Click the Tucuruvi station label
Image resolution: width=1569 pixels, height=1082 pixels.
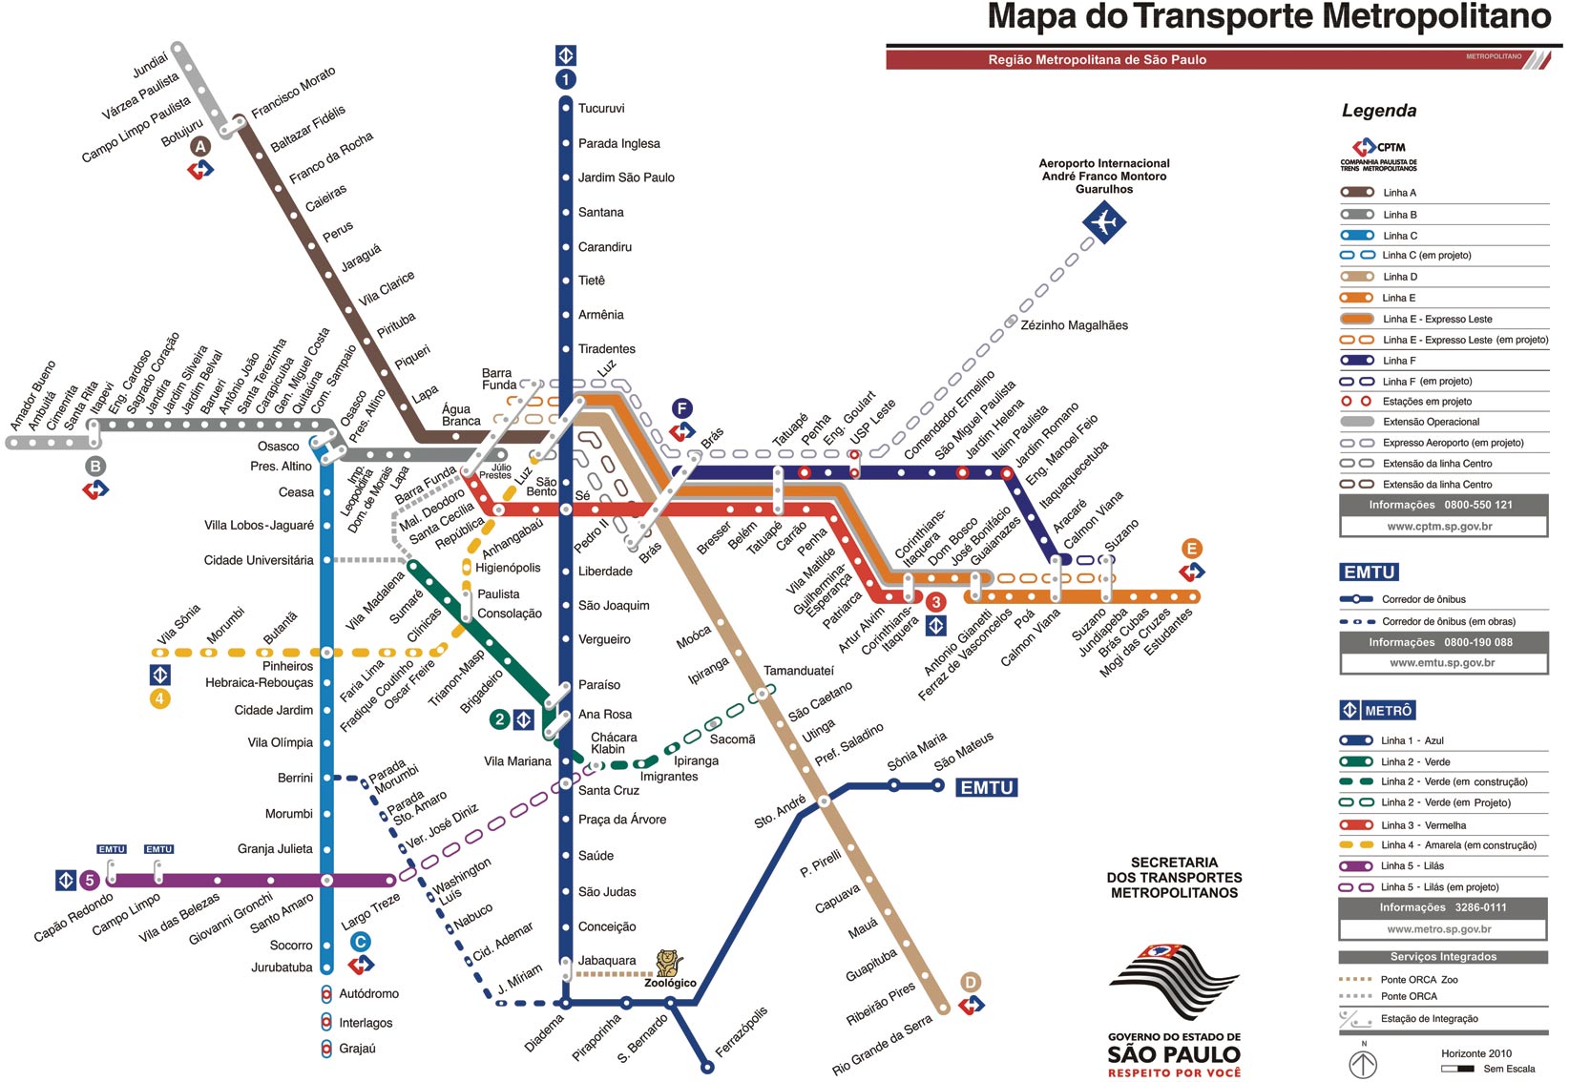(x=600, y=109)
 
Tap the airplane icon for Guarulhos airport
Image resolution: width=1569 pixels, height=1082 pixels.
(x=1104, y=223)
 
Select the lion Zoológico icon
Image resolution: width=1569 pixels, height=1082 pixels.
(x=668, y=963)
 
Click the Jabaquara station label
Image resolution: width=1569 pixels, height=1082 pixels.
(x=606, y=961)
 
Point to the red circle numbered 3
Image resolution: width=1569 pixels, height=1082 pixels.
(x=936, y=602)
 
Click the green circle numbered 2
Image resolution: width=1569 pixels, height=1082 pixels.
(x=499, y=719)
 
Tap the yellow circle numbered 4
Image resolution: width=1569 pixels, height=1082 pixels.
(x=159, y=699)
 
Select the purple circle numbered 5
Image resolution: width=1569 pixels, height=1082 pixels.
(x=90, y=881)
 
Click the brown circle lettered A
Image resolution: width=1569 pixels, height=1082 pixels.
(x=200, y=146)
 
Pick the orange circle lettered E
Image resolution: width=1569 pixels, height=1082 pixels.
(x=1191, y=549)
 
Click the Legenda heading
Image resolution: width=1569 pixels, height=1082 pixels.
(x=1379, y=111)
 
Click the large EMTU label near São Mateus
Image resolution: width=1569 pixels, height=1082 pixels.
(x=987, y=788)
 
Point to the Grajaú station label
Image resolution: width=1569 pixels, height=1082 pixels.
(x=357, y=1049)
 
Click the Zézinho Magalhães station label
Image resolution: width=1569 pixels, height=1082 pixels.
(x=1074, y=325)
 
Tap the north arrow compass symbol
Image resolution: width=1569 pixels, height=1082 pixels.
(x=1363, y=1064)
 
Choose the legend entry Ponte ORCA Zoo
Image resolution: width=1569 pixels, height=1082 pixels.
(x=1418, y=980)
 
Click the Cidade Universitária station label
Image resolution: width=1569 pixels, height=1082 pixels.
(x=258, y=560)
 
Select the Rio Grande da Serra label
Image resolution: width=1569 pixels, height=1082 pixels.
(x=881, y=1046)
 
